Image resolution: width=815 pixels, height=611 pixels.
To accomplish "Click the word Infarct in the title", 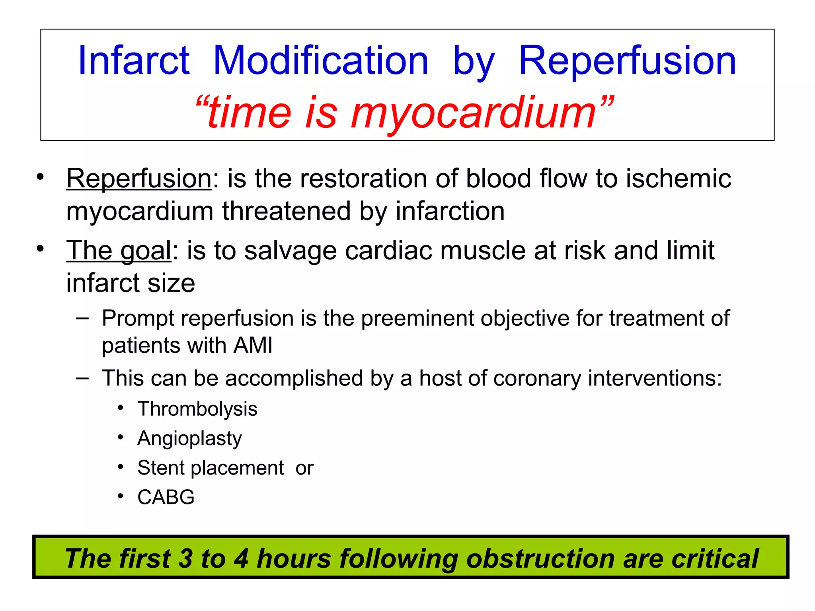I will coord(134,60).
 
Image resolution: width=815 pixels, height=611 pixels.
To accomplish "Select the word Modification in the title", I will coord(321,60).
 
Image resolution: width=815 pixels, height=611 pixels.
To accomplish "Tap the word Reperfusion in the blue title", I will coord(628,60).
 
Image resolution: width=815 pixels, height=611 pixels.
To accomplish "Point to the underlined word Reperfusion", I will coord(139,179).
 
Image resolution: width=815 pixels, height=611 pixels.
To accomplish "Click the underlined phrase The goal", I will coord(119,251).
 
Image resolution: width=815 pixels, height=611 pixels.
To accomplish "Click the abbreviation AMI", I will coord(253,345).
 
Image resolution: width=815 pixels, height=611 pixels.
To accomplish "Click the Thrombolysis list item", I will coord(197,409).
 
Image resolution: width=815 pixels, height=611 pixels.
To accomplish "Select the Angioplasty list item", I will coord(189,439).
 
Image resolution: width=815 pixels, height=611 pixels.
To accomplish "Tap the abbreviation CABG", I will coord(166,497).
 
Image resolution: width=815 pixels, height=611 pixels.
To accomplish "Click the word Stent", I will coord(161,468).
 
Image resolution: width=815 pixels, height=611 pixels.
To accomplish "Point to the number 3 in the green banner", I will coord(185,558).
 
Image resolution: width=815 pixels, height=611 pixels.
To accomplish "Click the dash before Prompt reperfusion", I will coord(82,318).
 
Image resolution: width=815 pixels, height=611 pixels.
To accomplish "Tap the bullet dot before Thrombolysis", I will coord(121,408).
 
